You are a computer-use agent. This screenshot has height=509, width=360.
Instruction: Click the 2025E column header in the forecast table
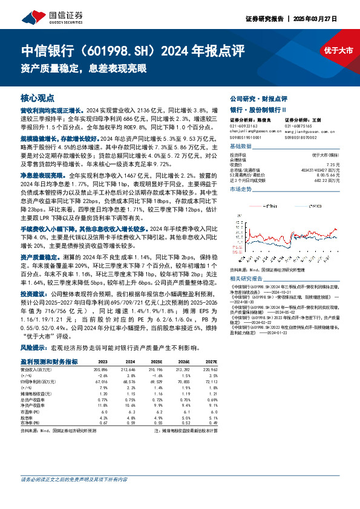[156, 361]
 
